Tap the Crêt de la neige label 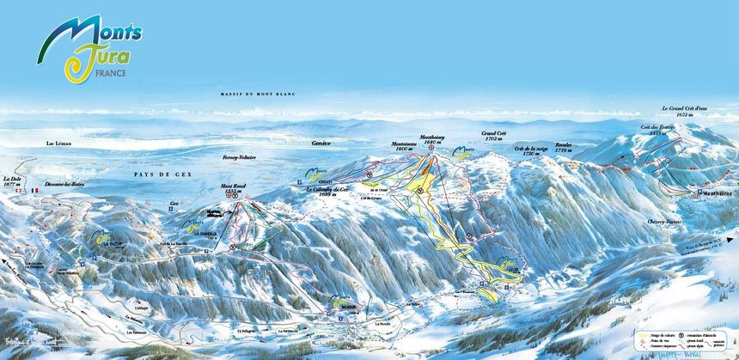(531, 150)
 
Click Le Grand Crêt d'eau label (684, 110)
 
